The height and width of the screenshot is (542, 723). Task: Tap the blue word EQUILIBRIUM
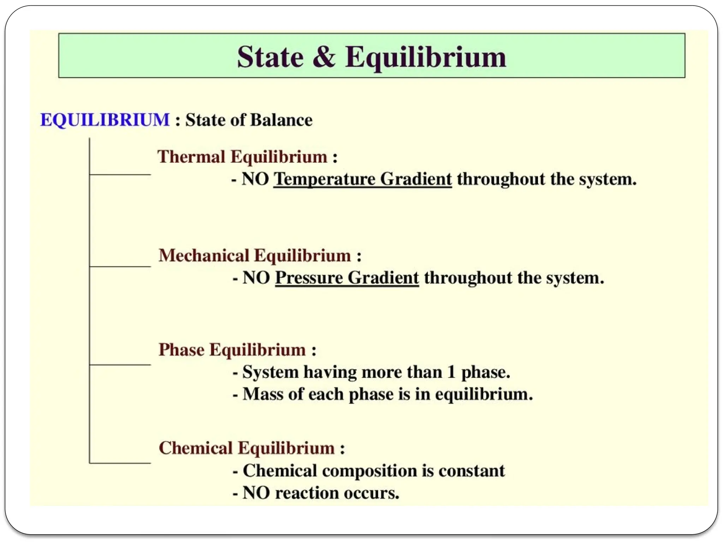tap(105, 120)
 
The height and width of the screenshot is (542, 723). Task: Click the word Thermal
tap(191, 157)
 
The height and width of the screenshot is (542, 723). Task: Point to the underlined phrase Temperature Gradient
tap(363, 179)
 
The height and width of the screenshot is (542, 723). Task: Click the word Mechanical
tap(204, 255)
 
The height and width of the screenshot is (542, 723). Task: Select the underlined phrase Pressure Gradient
tap(347, 278)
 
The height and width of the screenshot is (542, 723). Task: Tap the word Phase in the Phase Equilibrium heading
tap(181, 350)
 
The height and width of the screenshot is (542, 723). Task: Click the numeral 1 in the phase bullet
tap(451, 372)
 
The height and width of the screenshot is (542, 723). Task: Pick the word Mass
tap(263, 394)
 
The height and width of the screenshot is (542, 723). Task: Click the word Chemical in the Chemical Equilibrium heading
tap(196, 448)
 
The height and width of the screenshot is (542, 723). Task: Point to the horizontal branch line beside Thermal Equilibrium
tap(120, 174)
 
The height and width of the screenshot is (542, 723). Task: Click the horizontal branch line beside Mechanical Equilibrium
tap(120, 266)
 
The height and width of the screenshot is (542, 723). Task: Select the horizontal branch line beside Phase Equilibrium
tap(120, 365)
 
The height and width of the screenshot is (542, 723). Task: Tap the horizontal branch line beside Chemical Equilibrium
tap(120, 463)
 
